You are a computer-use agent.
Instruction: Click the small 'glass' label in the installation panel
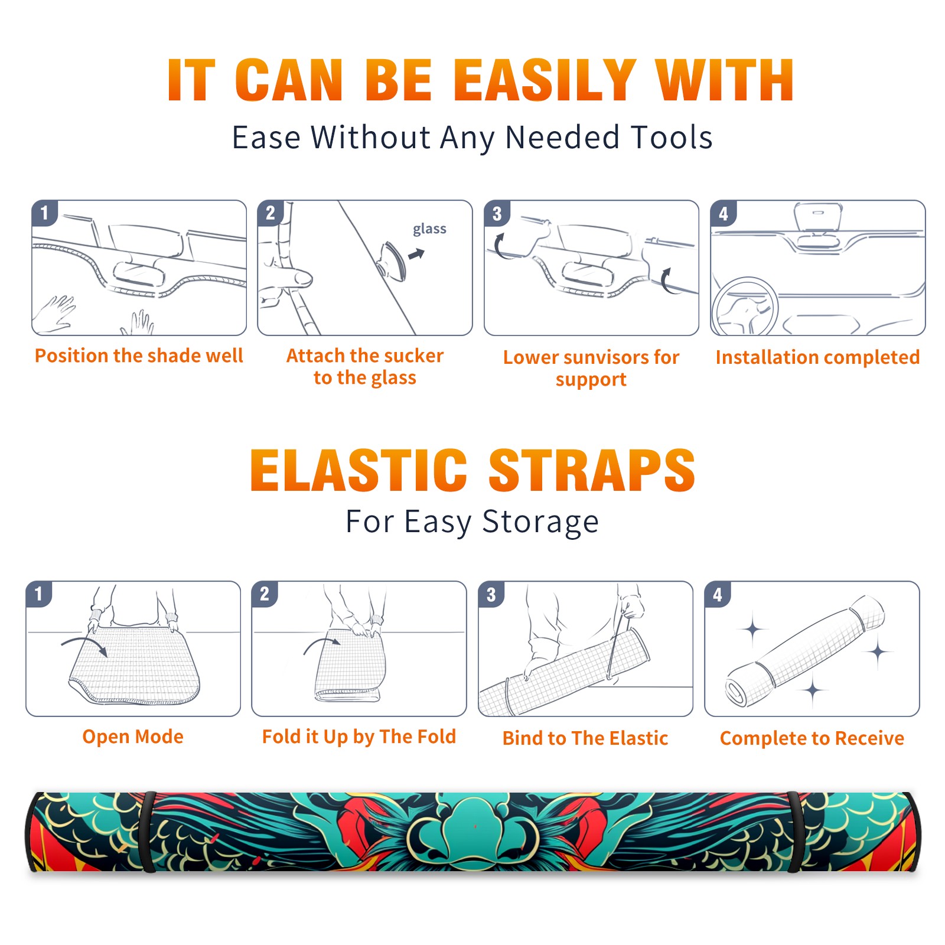[429, 229]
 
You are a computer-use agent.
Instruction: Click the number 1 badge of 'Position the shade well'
[45, 212]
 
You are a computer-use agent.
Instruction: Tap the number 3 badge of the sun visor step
[497, 213]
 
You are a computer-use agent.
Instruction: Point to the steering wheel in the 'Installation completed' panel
[744, 307]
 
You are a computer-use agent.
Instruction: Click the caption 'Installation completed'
[817, 357]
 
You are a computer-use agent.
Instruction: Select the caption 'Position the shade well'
[139, 356]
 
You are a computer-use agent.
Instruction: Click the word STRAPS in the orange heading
[592, 470]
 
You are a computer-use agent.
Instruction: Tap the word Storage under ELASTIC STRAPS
[540, 522]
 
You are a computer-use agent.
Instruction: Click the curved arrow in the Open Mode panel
[84, 646]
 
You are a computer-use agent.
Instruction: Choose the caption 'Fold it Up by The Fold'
[359, 737]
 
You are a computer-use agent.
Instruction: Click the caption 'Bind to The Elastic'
[585, 738]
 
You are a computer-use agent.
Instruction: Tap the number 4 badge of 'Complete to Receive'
[718, 594]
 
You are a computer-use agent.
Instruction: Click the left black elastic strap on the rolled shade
[149, 832]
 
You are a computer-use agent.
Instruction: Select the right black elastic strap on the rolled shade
[795, 832]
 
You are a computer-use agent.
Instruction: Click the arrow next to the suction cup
[416, 254]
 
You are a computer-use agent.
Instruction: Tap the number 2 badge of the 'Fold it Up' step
[265, 594]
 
